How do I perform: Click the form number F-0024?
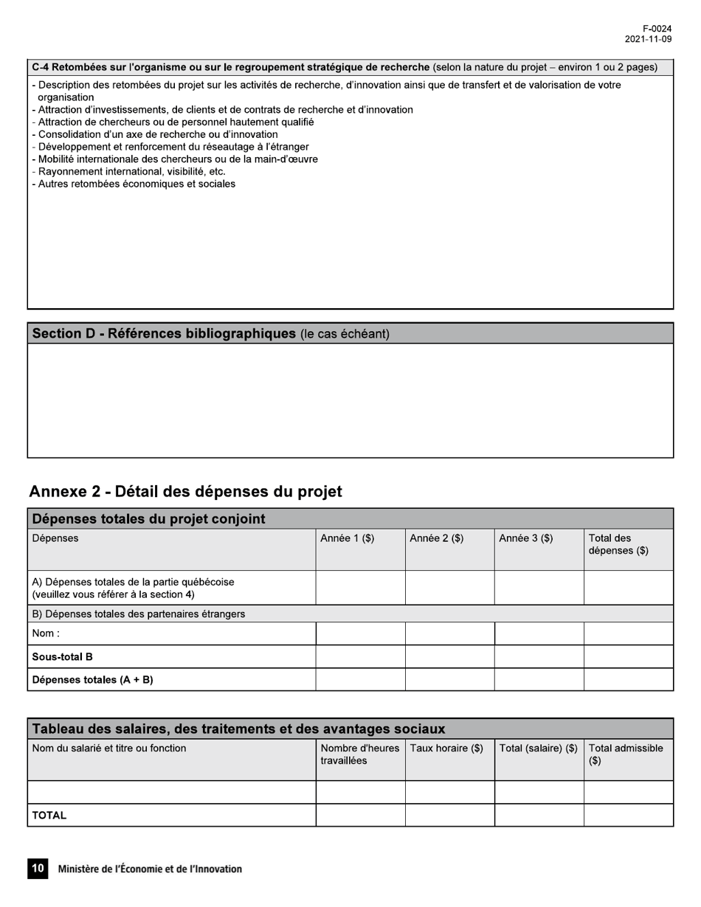pyautogui.click(x=657, y=29)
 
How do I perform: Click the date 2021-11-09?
pyautogui.click(x=648, y=39)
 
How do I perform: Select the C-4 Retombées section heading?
pyautogui.click(x=230, y=67)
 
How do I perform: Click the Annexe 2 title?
pyautogui.click(x=185, y=491)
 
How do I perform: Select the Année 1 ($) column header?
pyautogui.click(x=347, y=538)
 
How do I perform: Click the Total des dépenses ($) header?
pyautogui.click(x=618, y=544)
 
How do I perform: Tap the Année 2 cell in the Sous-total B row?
pyautogui.click(x=449, y=656)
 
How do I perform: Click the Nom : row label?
pyautogui.click(x=46, y=633)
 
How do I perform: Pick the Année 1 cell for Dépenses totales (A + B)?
pyautogui.click(x=360, y=679)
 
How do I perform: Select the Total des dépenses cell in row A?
pyautogui.click(x=628, y=588)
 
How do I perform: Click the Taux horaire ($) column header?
pyautogui.click(x=446, y=748)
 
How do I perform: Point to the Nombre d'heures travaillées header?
pyautogui.click(x=359, y=754)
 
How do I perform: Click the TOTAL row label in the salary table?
pyautogui.click(x=49, y=816)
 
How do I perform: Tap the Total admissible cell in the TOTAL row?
pyautogui.click(x=628, y=815)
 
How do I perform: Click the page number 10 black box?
pyautogui.click(x=37, y=869)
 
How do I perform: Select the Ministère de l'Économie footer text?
pyautogui.click(x=150, y=869)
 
